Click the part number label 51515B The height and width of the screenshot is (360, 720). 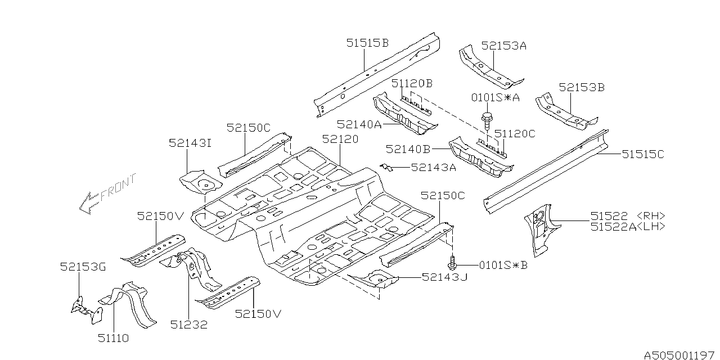[x=367, y=43]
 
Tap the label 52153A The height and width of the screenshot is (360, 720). [x=503, y=46]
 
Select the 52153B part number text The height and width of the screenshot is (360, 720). [x=581, y=87]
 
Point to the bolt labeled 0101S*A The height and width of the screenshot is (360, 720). [x=485, y=121]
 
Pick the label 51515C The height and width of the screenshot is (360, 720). [x=642, y=154]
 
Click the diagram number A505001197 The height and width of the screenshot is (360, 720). [x=679, y=355]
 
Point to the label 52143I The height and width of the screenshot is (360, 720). [x=190, y=143]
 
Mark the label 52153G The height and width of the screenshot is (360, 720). [x=83, y=267]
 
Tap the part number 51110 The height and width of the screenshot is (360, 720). [x=113, y=338]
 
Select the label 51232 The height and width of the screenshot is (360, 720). [x=188, y=325]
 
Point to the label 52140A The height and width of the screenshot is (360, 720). [x=359, y=124]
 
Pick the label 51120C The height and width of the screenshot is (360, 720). [x=514, y=133]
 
